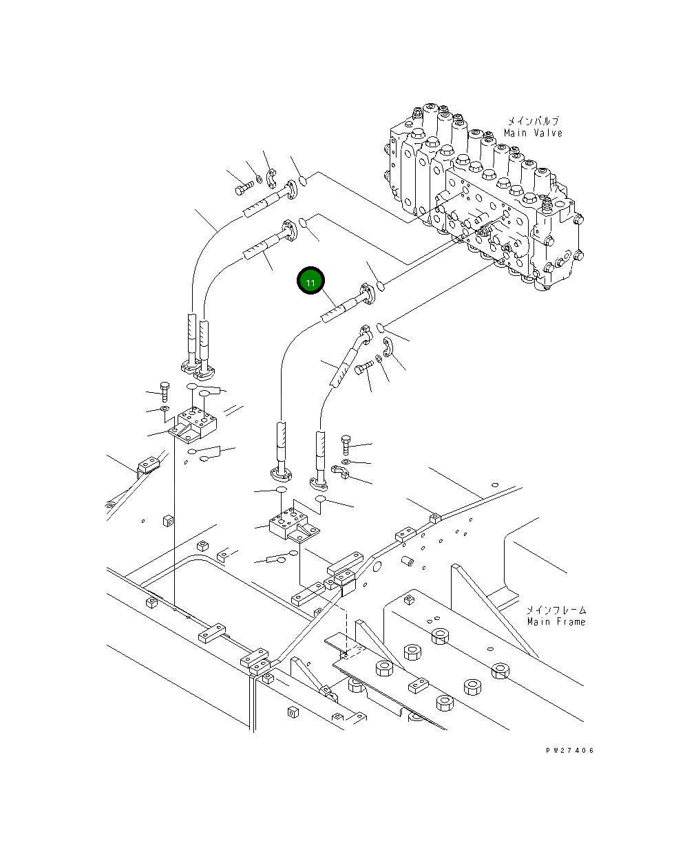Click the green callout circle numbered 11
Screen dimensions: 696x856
[x=310, y=280]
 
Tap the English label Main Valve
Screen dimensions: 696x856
[x=533, y=133]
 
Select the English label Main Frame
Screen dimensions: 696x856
[x=556, y=622]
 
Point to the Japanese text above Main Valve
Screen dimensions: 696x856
[x=533, y=120]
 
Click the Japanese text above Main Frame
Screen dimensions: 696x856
[x=556, y=610]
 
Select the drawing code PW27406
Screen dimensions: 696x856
[x=570, y=750]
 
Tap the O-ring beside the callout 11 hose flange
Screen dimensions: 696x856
[x=381, y=286]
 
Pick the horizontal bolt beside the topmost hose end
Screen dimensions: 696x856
[x=244, y=188]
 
